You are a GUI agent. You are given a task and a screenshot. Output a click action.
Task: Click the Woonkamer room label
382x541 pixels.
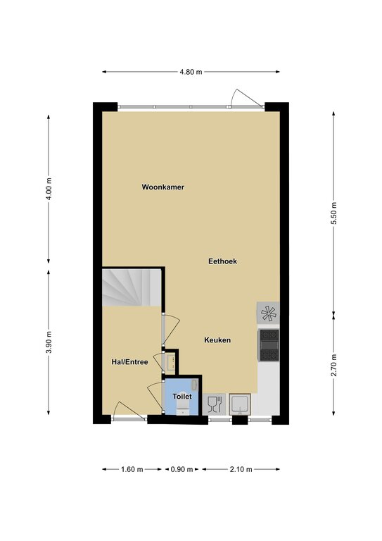pyautogui.click(x=163, y=187)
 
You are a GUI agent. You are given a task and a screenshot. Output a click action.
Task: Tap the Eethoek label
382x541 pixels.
pyautogui.click(x=222, y=261)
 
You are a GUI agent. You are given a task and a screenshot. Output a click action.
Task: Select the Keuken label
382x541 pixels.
pyautogui.click(x=217, y=340)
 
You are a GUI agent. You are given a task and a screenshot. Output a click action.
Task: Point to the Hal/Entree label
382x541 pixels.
pyautogui.click(x=129, y=362)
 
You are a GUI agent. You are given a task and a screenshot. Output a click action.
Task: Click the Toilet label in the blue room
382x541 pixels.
pyautogui.click(x=182, y=397)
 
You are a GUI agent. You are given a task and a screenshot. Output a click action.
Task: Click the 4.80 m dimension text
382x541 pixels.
pyautogui.click(x=191, y=72)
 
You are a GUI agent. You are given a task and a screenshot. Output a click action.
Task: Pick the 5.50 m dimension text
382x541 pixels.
pyautogui.click(x=333, y=213)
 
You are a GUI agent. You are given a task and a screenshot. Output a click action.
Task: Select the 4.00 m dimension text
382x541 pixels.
pyautogui.click(x=49, y=189)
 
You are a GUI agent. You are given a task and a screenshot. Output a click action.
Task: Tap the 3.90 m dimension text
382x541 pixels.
pyautogui.click(x=49, y=342)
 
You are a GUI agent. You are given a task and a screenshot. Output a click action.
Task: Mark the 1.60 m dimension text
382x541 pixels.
pyautogui.click(x=132, y=469)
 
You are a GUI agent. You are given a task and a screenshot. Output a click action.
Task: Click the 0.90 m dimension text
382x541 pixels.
pyautogui.click(x=182, y=469)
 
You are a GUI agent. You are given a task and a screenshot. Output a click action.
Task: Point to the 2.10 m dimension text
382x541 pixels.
pyautogui.click(x=241, y=469)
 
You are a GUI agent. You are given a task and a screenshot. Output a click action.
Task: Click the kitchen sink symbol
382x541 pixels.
pyautogui.click(x=240, y=404)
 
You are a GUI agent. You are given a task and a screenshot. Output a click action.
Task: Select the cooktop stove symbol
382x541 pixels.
pyautogui.click(x=269, y=345)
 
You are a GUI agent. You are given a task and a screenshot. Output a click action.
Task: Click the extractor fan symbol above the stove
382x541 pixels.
pyautogui.click(x=268, y=313)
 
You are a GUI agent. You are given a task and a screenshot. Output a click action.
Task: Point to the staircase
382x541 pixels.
pyautogui.click(x=132, y=287)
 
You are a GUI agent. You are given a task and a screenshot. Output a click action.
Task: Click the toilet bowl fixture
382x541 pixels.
pyautogui.click(x=183, y=409)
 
